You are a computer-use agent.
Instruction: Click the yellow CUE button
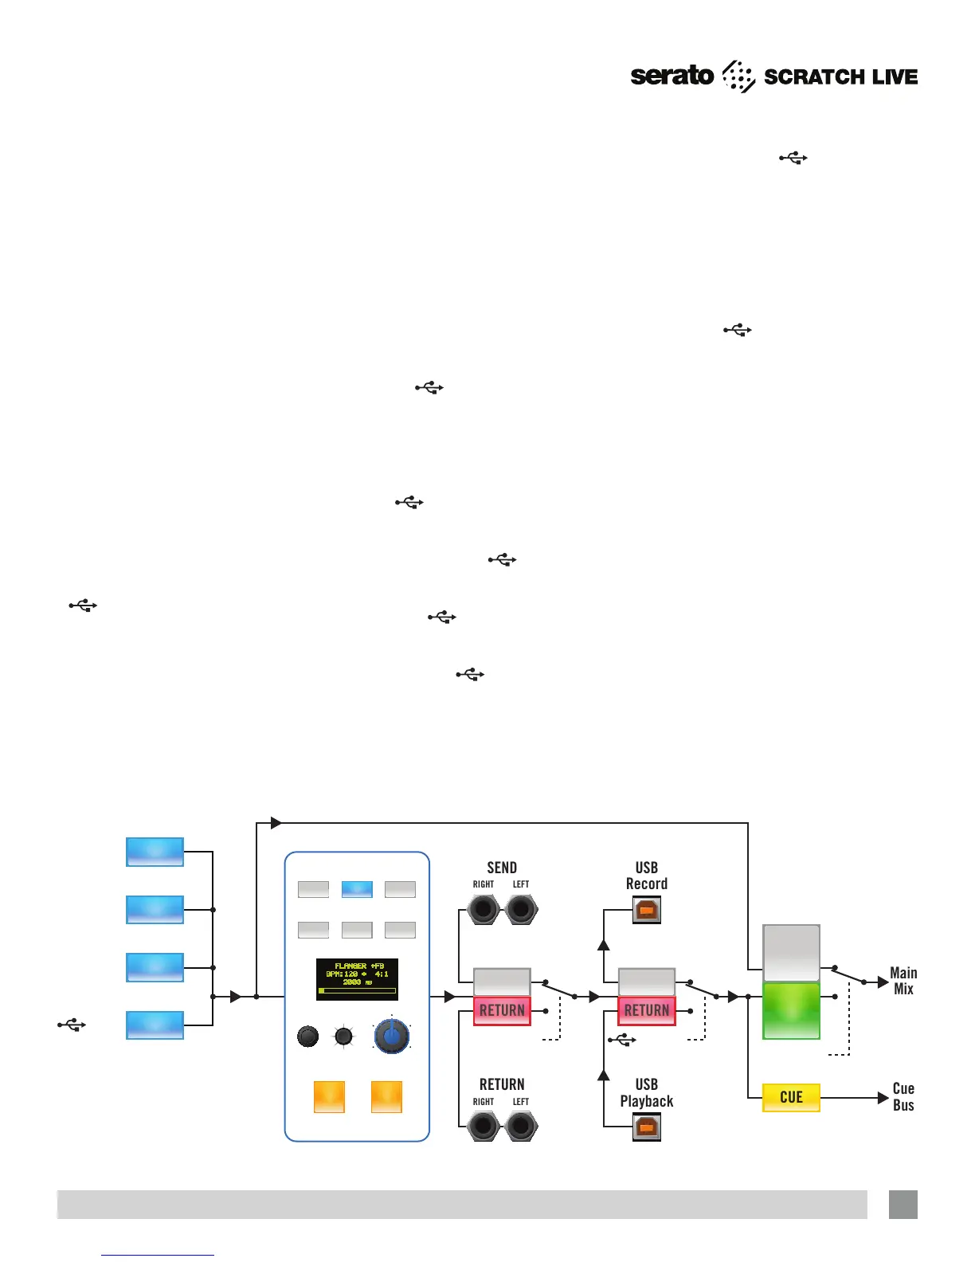(791, 1097)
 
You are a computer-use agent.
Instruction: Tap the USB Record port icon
(647, 909)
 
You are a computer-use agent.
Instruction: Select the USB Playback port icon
(647, 1127)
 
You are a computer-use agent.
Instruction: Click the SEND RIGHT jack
(484, 909)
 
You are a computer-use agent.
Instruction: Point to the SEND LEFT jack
(521, 909)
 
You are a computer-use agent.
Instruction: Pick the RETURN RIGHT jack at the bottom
(484, 1127)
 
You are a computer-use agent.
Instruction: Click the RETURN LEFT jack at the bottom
(521, 1127)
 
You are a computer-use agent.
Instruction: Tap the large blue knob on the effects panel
(391, 1036)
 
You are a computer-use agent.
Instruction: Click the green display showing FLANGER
(357, 978)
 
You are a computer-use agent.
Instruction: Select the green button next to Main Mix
(791, 1010)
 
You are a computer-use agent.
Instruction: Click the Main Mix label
(903, 981)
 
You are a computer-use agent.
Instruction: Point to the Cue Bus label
(903, 1097)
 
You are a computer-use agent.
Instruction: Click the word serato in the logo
(672, 76)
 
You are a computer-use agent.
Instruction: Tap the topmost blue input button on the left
(155, 852)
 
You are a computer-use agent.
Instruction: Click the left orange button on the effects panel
(329, 1097)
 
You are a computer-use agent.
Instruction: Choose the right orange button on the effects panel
(386, 1097)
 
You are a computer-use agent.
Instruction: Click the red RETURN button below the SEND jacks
(502, 1010)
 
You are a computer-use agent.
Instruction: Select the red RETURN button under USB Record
(647, 1010)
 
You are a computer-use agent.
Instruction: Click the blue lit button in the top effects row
(357, 889)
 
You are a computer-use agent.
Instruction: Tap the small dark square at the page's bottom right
(903, 1204)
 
